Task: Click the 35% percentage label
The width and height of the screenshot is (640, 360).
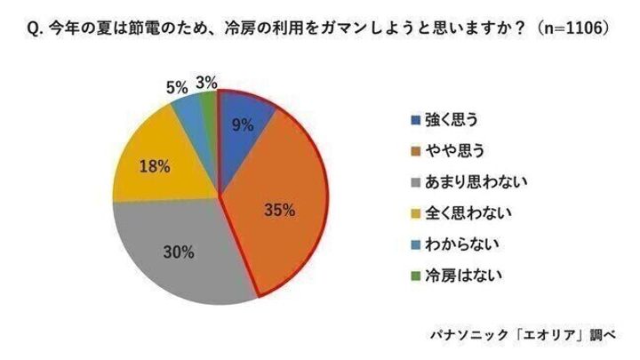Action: [282, 211]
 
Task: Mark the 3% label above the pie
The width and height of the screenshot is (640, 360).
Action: [207, 83]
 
